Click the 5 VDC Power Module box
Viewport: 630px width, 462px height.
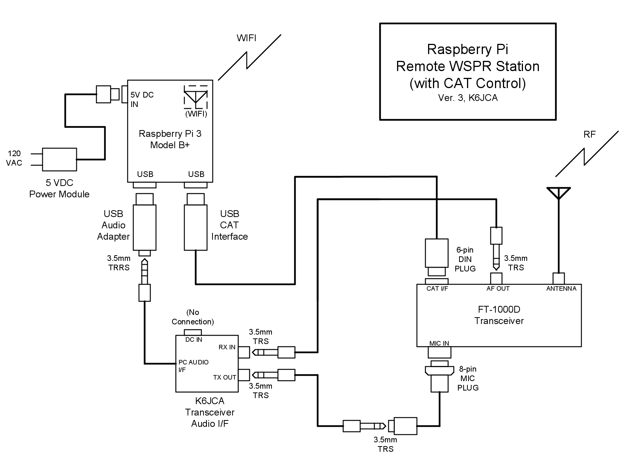click(x=60, y=159)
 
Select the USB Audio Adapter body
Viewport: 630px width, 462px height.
click(x=144, y=227)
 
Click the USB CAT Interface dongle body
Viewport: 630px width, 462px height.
click(x=196, y=227)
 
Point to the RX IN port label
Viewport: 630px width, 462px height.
click(x=227, y=347)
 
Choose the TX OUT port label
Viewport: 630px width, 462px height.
click(x=225, y=377)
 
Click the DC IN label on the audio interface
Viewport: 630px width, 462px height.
click(x=194, y=340)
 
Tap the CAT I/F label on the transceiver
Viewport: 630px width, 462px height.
click(x=438, y=289)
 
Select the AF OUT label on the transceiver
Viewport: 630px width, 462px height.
click(x=498, y=289)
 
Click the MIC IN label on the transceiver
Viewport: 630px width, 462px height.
click(x=439, y=343)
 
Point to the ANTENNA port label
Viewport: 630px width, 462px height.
click(x=561, y=289)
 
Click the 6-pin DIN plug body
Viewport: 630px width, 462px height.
click(x=436, y=252)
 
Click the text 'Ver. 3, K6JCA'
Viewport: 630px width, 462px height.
click(x=468, y=98)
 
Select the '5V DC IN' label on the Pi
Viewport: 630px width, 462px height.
click(x=142, y=99)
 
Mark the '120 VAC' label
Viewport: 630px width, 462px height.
click(x=15, y=158)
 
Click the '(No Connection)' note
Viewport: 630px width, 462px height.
click(x=192, y=317)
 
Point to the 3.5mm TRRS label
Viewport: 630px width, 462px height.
click(x=118, y=263)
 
